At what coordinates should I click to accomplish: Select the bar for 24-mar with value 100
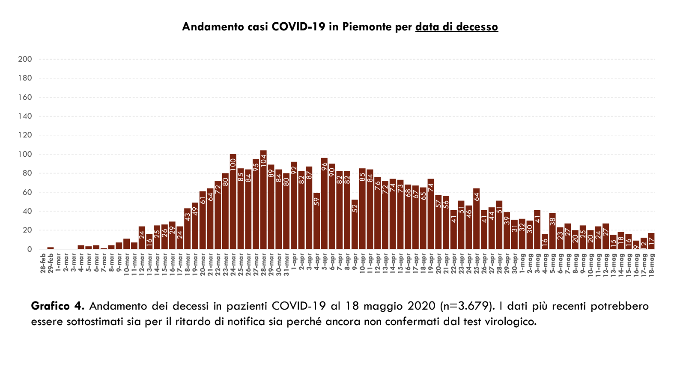point(233,202)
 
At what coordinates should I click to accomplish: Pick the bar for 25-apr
point(476,219)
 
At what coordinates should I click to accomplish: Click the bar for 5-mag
point(552,231)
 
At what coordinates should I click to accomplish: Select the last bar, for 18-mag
point(651,241)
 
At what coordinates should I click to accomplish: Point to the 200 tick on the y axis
point(25,59)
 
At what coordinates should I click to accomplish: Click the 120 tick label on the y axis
point(25,135)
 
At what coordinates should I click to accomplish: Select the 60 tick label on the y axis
point(27,192)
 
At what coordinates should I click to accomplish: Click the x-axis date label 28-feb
point(43,264)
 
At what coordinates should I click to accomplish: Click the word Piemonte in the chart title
point(367,27)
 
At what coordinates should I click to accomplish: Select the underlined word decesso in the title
point(477,27)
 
